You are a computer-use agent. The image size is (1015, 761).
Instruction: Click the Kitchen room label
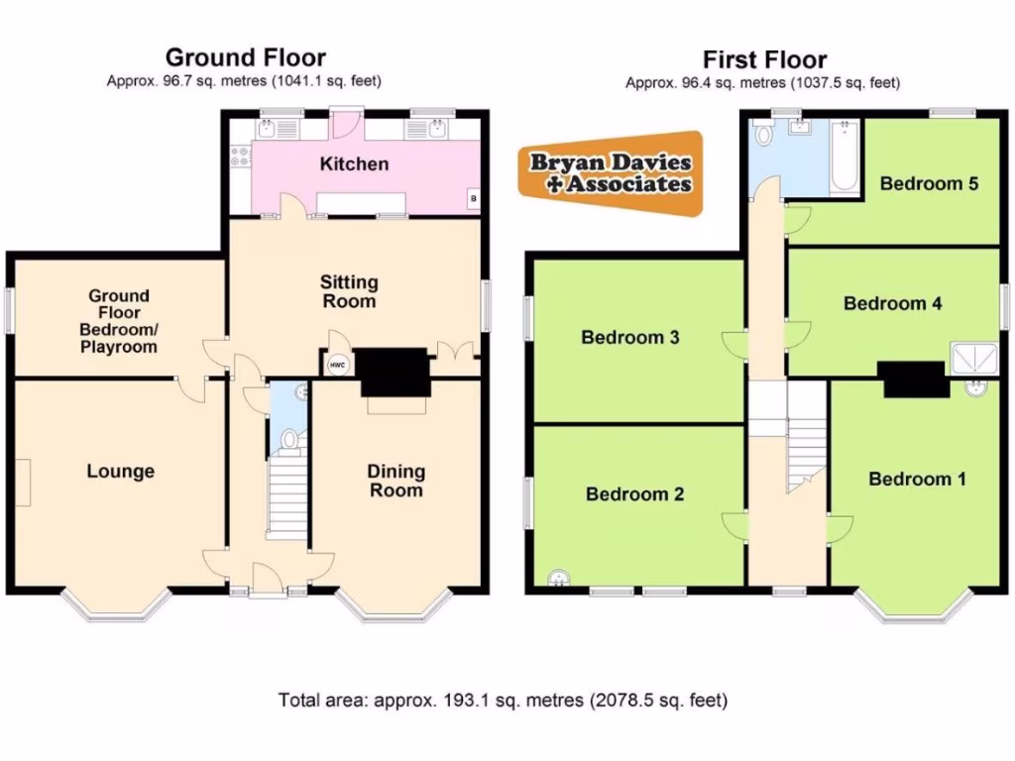click(x=354, y=163)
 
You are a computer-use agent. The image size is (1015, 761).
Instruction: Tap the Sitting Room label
click(x=348, y=292)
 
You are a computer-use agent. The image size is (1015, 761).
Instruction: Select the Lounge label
click(x=120, y=472)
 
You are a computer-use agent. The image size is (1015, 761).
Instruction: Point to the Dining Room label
click(x=395, y=481)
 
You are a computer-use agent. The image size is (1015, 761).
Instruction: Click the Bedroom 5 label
click(x=929, y=183)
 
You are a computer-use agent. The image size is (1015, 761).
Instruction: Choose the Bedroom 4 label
click(x=892, y=303)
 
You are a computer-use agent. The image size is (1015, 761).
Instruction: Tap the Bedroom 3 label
click(x=629, y=338)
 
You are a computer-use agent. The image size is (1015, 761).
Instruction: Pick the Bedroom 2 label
click(x=634, y=494)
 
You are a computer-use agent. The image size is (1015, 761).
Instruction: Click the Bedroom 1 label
click(x=917, y=480)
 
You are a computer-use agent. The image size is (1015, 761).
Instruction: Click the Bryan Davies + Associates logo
click(x=611, y=172)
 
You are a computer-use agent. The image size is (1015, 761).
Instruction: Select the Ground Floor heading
click(x=245, y=57)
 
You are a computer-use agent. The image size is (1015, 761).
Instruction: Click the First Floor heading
click(x=764, y=59)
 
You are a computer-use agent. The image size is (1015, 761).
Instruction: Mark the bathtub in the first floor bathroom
click(x=845, y=157)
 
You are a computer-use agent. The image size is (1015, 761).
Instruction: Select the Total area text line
click(x=504, y=701)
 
